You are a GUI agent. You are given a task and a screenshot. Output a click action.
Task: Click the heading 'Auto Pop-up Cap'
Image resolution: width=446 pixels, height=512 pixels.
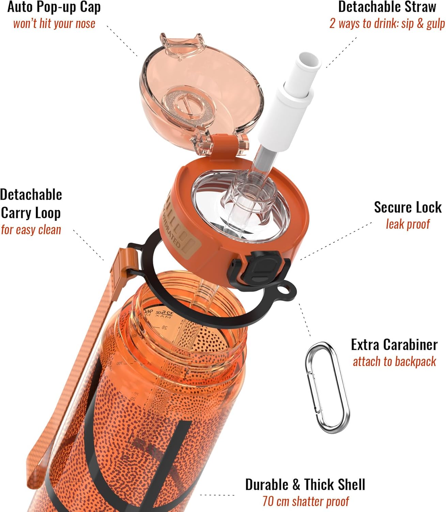point(54,7)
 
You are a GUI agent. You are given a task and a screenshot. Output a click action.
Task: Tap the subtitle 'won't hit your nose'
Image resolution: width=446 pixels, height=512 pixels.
point(54,24)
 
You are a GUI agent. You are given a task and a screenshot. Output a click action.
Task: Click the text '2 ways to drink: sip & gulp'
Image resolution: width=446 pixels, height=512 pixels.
point(387,24)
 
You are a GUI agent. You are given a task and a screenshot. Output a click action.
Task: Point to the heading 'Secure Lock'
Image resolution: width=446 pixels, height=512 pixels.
point(407,207)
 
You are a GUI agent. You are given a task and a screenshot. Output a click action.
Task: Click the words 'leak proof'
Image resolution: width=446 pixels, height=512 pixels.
point(407,224)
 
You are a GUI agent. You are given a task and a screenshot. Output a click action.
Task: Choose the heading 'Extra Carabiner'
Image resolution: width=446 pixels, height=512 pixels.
point(394,345)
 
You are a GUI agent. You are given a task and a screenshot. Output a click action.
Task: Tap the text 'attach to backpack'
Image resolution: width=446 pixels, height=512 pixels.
point(394,361)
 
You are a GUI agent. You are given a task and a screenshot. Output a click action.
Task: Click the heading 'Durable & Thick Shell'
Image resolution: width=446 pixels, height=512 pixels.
point(305,485)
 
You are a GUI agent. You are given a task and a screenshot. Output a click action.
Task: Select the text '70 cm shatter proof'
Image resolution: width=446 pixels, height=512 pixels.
point(306,501)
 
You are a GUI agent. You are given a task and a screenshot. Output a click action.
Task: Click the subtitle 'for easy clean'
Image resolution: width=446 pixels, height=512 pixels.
point(31,230)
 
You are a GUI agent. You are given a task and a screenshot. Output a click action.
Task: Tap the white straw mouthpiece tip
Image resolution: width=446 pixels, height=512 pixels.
point(308,63)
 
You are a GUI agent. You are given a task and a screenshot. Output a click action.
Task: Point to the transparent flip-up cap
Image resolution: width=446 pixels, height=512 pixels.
point(201,89)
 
